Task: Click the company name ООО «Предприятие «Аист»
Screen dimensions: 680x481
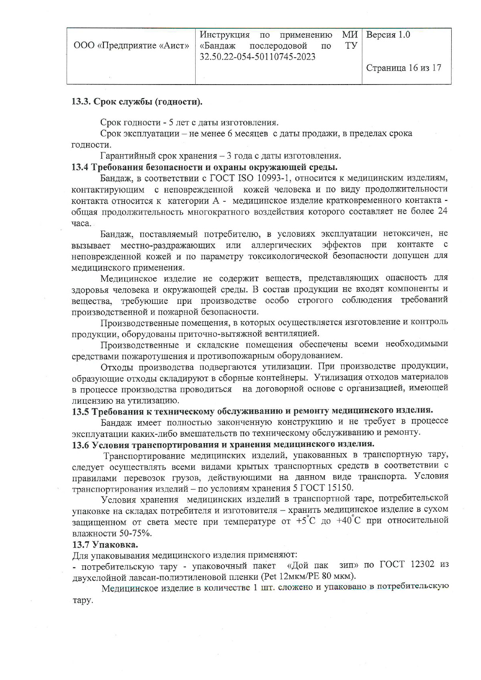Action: [x=131, y=46]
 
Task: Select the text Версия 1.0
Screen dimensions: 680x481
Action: [x=388, y=35]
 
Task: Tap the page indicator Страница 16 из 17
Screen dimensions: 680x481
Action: [x=404, y=68]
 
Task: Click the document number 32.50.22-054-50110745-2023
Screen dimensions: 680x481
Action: [x=257, y=57]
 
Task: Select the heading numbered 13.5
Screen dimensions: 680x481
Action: [x=253, y=411]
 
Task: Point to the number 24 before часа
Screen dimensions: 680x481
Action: [x=442, y=211]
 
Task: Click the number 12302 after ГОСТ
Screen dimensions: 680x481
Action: [x=422, y=565]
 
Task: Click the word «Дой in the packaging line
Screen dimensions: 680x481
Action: [x=298, y=565]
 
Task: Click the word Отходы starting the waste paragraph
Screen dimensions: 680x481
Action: [x=117, y=367]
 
